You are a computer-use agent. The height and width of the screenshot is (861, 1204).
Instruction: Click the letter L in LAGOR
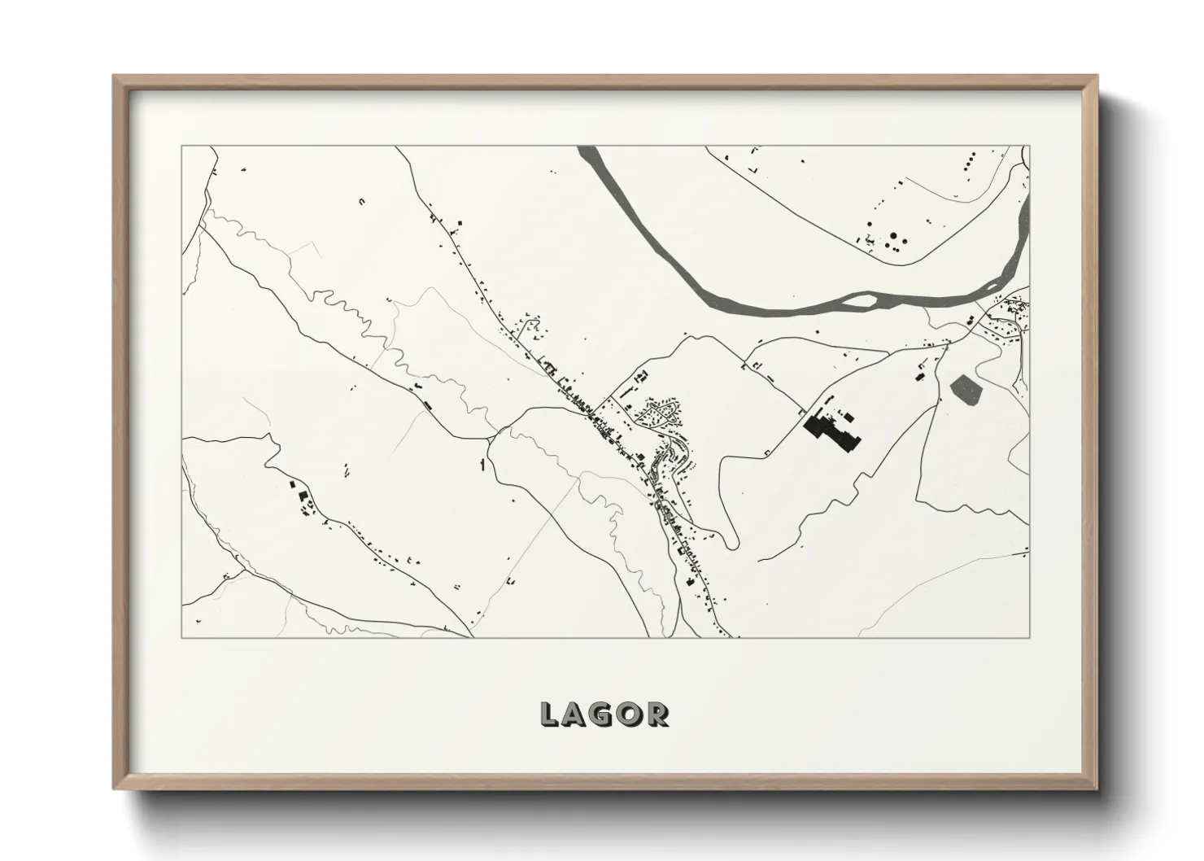coord(551,714)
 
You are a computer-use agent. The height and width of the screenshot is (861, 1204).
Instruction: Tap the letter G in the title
coord(603,714)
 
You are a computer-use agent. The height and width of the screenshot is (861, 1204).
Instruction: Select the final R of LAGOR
coord(657,714)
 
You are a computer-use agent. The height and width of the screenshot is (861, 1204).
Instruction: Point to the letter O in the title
coord(630,714)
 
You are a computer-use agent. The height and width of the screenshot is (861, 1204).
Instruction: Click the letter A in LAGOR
coord(576,714)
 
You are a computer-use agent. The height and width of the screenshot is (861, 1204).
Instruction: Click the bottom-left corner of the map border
coord(181,637)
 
